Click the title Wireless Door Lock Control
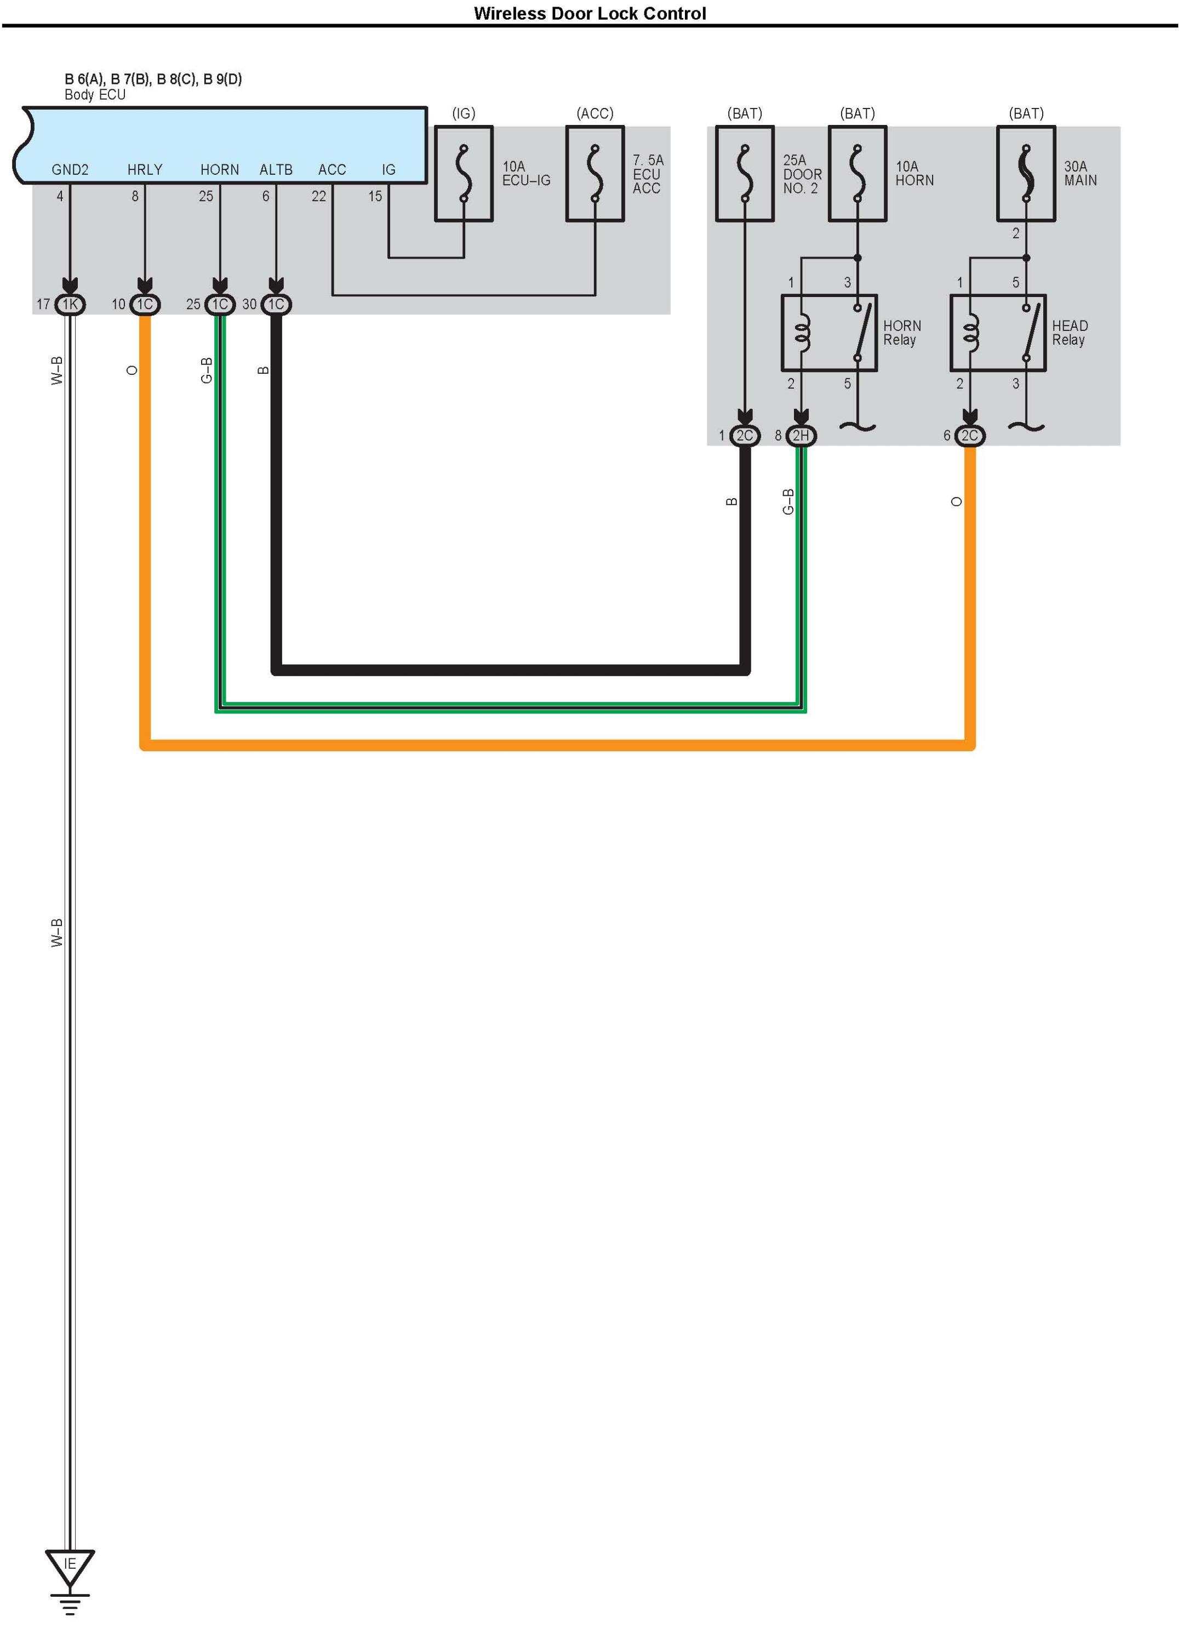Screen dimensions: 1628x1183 [590, 14]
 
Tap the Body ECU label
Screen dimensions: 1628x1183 [95, 95]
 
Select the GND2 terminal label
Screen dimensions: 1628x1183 [70, 169]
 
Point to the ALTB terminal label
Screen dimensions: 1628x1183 [276, 169]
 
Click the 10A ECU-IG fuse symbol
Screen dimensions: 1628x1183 [464, 174]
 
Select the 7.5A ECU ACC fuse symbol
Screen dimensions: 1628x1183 [595, 174]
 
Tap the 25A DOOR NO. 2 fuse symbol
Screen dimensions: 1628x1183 [745, 174]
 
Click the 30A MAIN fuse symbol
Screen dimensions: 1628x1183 [1026, 174]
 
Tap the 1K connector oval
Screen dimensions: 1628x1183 [70, 304]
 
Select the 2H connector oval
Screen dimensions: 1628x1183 [801, 436]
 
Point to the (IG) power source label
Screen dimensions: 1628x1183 [464, 113]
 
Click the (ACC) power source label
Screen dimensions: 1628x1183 [595, 113]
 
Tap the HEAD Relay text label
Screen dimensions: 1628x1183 [1070, 333]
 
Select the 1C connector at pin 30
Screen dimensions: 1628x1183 [276, 304]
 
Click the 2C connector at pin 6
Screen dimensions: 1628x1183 [970, 436]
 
